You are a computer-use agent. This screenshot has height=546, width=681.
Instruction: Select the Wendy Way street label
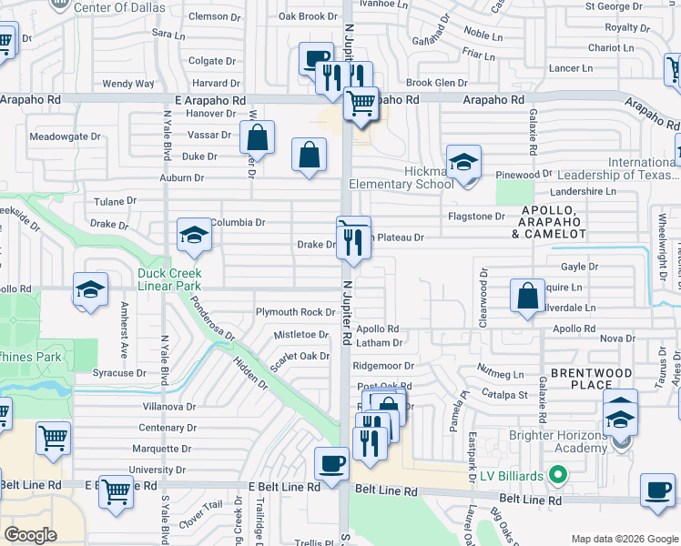(128, 84)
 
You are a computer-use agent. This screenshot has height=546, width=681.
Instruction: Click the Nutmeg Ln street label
(501, 374)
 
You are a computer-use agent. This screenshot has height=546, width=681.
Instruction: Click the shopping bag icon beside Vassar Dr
(258, 137)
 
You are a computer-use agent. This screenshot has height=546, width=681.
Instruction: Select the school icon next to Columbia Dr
(194, 235)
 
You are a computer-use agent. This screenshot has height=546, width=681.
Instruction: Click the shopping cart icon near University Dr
(116, 491)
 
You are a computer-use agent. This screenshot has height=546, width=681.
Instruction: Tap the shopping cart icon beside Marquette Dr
(53, 438)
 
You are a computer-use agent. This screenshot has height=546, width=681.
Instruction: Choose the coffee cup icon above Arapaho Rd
(317, 58)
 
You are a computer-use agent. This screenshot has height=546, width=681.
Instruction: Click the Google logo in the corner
(30, 534)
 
